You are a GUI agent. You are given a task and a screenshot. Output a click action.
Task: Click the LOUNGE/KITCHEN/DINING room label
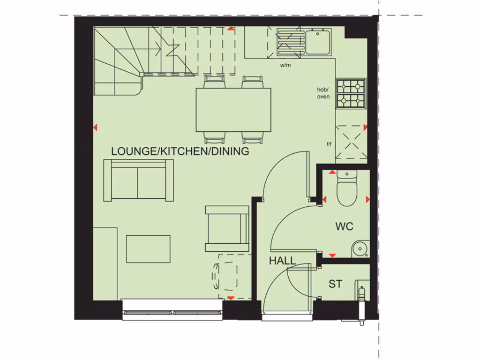point(180,151)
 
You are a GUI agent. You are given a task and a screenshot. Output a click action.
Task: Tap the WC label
point(344,226)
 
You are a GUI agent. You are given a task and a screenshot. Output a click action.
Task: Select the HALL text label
point(282,261)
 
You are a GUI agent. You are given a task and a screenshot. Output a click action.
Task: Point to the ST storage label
point(335,284)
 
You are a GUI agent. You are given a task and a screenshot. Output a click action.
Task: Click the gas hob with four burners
point(351,93)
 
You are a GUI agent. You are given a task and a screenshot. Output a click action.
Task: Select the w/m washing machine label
point(285,65)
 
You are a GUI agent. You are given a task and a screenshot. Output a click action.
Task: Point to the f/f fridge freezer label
point(330,144)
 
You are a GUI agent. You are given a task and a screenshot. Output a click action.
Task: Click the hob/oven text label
point(323,93)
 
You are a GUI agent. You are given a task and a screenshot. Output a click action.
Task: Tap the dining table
point(233,110)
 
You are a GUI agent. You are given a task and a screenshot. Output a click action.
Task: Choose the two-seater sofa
point(138,180)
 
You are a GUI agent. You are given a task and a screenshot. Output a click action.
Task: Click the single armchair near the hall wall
point(227,228)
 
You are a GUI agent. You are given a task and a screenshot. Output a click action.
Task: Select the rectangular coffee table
point(148,249)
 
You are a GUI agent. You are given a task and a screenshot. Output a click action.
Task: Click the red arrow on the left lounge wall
point(95,127)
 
